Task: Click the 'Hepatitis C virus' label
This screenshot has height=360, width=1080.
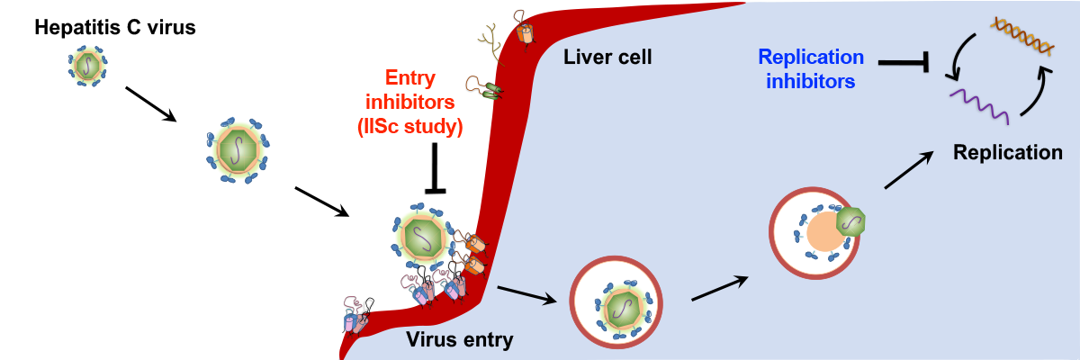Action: click(x=114, y=28)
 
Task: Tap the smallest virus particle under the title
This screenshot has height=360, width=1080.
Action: click(x=87, y=64)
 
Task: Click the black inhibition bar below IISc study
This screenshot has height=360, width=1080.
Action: click(x=436, y=170)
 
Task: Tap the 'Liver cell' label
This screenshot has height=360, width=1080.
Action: click(x=607, y=58)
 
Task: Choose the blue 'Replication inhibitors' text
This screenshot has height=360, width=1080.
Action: click(x=811, y=69)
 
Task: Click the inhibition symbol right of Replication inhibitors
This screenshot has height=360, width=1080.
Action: click(x=904, y=63)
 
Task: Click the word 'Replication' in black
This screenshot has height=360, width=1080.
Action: click(x=1008, y=152)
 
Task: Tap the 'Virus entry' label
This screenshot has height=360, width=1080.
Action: click(x=460, y=340)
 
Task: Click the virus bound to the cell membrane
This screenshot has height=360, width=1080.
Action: click(x=419, y=236)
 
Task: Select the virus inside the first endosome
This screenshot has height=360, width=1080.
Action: click(x=622, y=306)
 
